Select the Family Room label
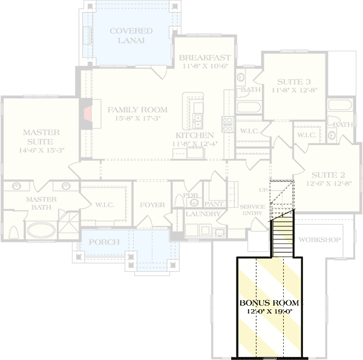coord(137,110)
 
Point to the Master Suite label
coord(41,137)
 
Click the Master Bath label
coord(41,204)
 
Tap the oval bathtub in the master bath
coord(41,229)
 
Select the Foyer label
coord(152,205)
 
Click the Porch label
coord(105,242)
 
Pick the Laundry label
coord(203,214)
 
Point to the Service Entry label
coord(253,211)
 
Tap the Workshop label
coord(319,240)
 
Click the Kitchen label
coord(194,135)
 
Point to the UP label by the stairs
coord(263,190)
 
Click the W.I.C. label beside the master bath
coord(105,205)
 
